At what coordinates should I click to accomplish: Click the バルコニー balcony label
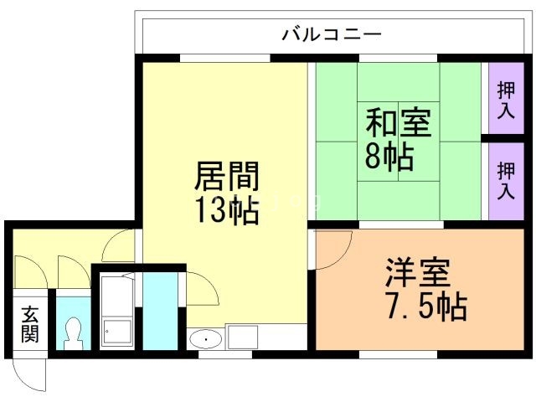click(x=332, y=34)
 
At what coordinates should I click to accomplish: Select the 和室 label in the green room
click(x=398, y=124)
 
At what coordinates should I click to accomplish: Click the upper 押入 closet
click(x=505, y=99)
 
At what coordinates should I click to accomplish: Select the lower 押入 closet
click(x=505, y=181)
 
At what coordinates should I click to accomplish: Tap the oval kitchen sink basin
click(x=205, y=339)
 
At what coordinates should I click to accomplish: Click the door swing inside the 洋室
click(x=333, y=250)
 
